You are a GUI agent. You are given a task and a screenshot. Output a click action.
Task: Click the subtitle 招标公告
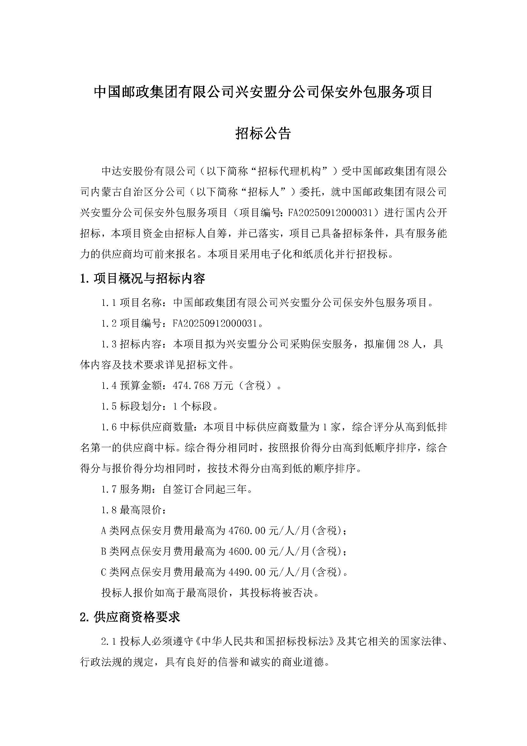coord(263,133)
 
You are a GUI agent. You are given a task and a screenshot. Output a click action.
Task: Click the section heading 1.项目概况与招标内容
coord(142,278)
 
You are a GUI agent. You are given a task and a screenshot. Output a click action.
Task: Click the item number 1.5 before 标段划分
coord(109,406)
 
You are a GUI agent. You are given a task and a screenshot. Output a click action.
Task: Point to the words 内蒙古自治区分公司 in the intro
coord(138,192)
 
